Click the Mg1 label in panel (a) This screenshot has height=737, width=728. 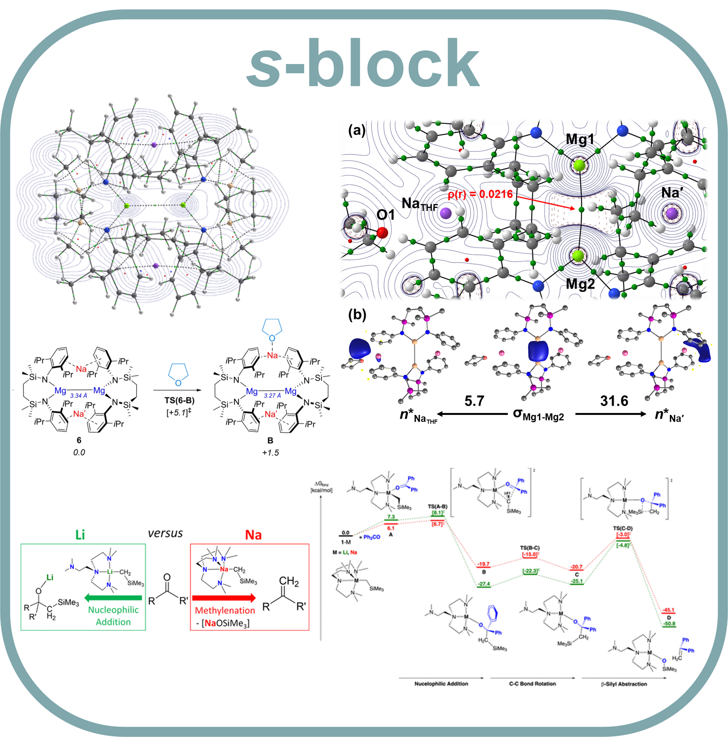click(x=580, y=140)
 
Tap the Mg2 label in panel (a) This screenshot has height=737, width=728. click(x=580, y=284)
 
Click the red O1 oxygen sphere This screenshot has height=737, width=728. click(x=382, y=232)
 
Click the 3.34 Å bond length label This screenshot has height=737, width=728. click(x=78, y=396)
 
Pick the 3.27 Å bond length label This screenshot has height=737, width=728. click(x=272, y=396)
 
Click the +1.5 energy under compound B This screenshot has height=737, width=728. click(x=270, y=452)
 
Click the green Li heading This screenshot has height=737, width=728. click(x=80, y=535)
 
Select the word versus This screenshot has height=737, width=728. click(x=165, y=533)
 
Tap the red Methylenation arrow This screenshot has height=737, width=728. click(x=224, y=598)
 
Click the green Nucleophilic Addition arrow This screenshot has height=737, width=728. click(x=113, y=598)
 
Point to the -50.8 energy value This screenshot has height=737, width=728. click(x=669, y=624)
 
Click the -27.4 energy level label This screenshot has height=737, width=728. click(x=484, y=584)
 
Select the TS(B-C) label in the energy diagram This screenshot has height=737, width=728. click(x=530, y=548)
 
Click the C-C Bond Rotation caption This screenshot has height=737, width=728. click(x=532, y=684)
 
